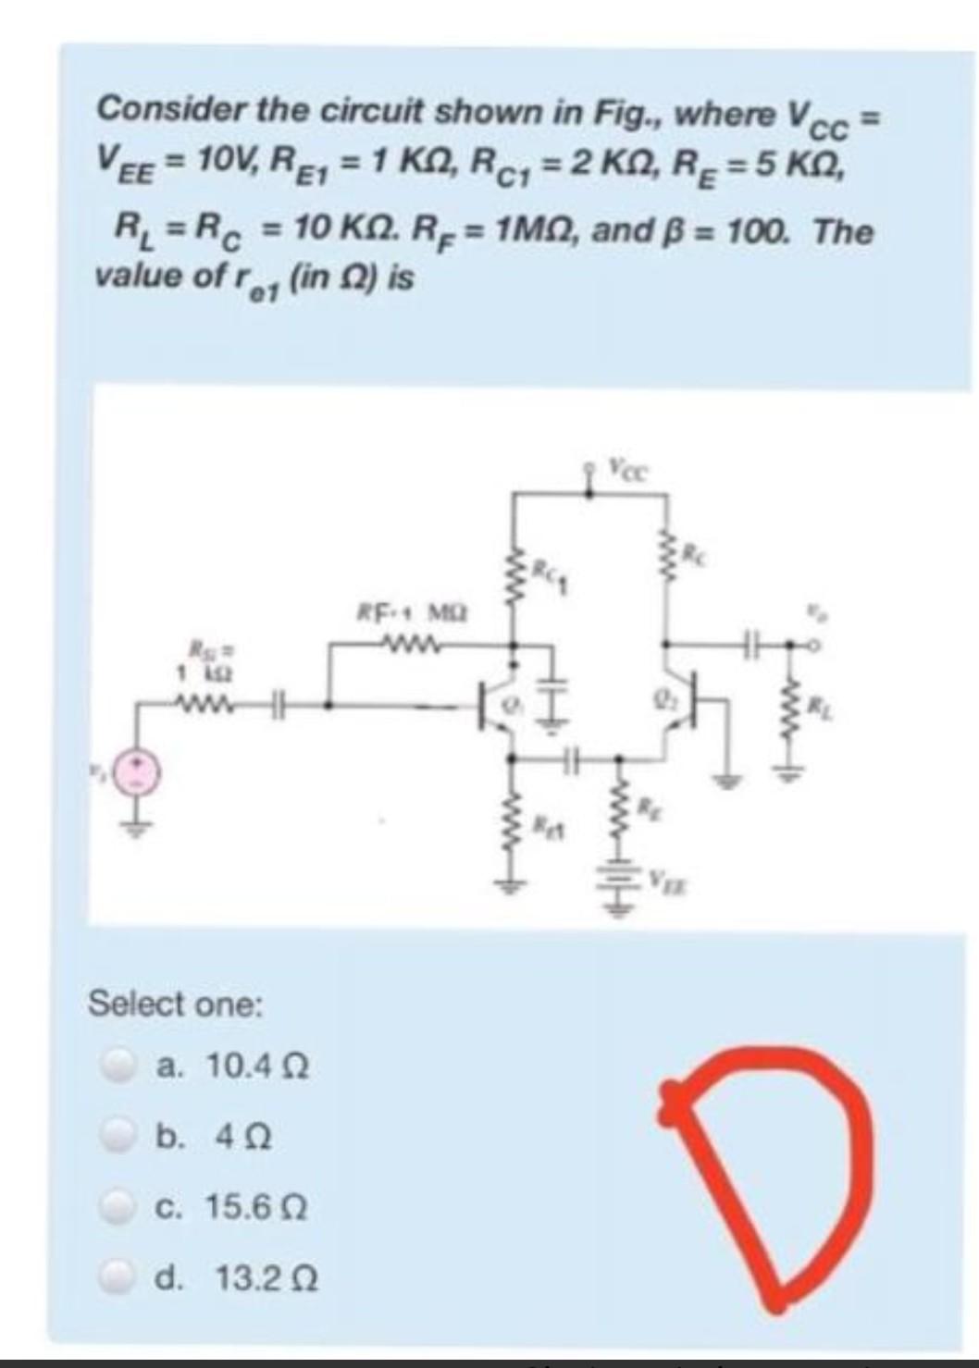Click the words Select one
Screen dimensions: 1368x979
[x=175, y=1004]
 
